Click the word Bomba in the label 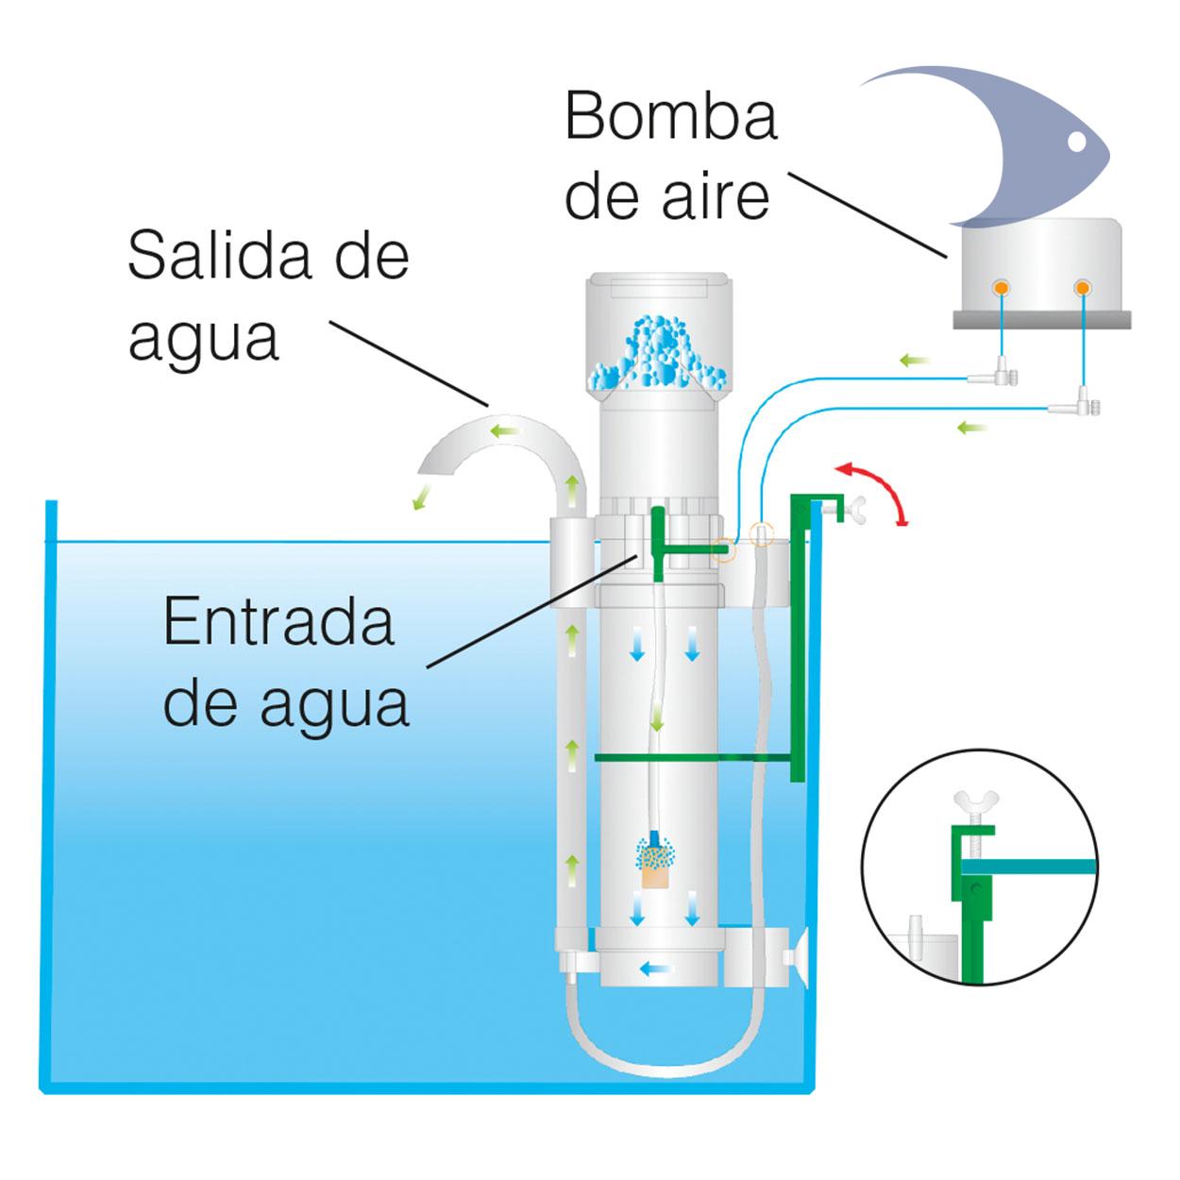[670, 118]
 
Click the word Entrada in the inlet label [278, 623]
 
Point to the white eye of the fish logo [1075, 143]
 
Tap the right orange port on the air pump [1082, 287]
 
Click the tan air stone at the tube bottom [653, 876]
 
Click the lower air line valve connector [1075, 408]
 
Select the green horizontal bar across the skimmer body [694, 757]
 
